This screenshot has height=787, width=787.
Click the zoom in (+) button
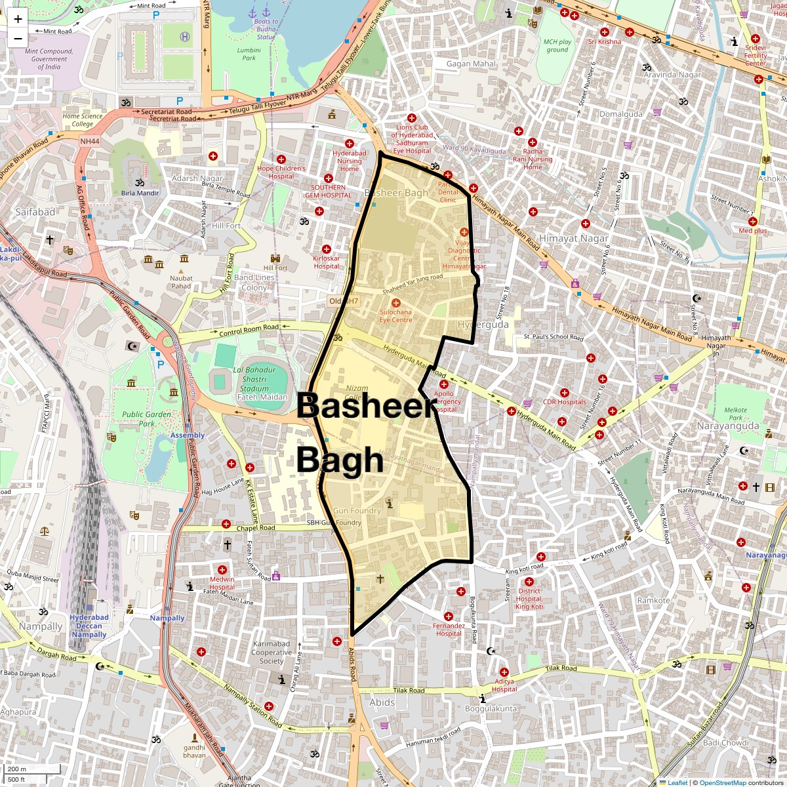[18, 19]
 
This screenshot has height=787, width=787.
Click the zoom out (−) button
[18, 38]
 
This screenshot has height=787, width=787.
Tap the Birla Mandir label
[140, 193]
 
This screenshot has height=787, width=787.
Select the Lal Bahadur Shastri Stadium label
[254, 379]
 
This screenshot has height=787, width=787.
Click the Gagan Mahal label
[471, 64]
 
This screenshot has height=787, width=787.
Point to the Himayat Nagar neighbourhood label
[573, 239]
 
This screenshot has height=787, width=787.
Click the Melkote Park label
[735, 414]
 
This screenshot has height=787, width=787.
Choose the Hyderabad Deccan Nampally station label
[89, 626]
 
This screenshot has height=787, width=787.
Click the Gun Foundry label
[357, 510]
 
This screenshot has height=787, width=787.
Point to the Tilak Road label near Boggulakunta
[561, 668]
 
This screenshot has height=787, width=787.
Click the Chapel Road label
[256, 528]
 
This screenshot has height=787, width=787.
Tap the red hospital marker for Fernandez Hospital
[449, 616]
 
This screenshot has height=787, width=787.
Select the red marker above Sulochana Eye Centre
[395, 302]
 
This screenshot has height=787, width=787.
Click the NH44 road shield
[89, 141]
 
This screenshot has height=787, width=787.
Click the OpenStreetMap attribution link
[722, 782]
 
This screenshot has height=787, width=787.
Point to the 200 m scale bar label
[17, 769]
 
